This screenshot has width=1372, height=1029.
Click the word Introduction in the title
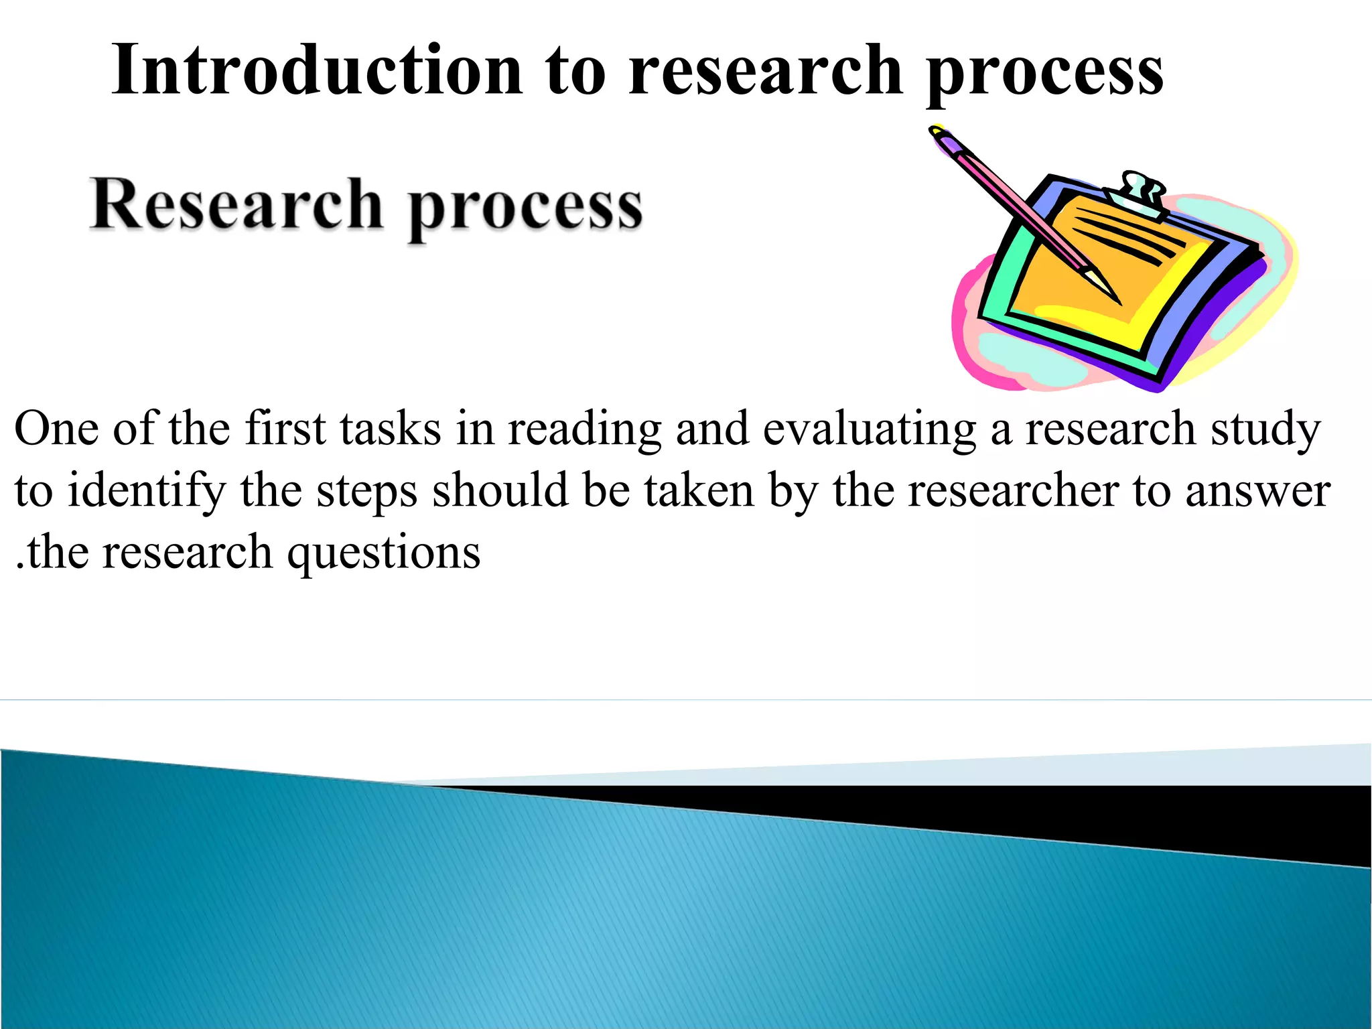pyautogui.click(x=316, y=70)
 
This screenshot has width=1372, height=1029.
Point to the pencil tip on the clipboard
pyautogui.click(x=1112, y=295)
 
